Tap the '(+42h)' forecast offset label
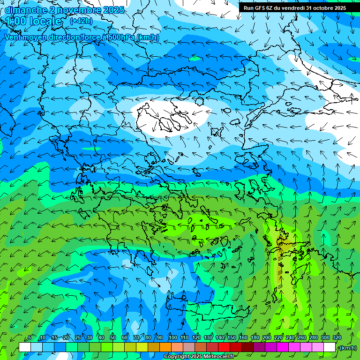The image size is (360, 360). tap(81, 21)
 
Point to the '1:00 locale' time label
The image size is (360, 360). tap(34, 21)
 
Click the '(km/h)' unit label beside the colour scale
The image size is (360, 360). tap(347, 348)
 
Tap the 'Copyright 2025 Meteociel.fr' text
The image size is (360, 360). tap(199, 357)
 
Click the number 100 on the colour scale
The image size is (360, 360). tap(172, 337)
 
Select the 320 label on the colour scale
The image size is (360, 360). tap(337, 337)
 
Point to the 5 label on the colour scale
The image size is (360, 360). tap(30, 337)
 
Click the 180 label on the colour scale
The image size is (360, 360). tap(255, 337)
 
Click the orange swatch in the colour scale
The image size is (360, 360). tap(165, 347)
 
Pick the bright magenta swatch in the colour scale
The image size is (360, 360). tap(283, 347)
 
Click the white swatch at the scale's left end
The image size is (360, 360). tap(25, 347)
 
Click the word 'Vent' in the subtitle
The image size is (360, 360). tap(13, 37)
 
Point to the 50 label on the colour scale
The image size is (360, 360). tap(113, 337)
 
